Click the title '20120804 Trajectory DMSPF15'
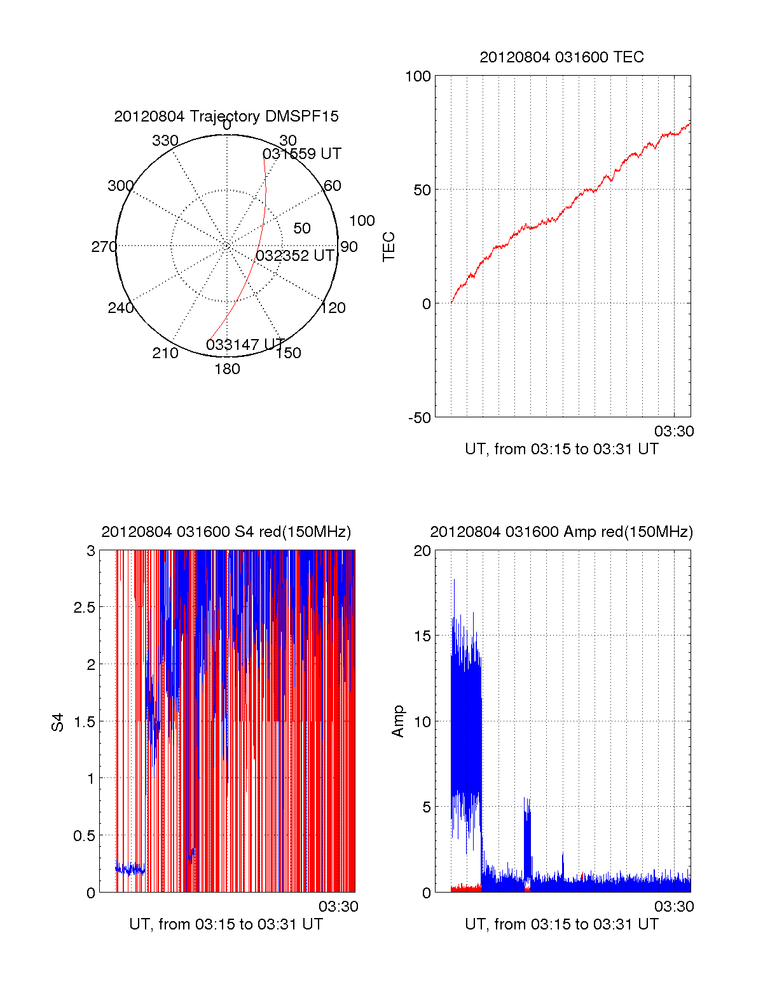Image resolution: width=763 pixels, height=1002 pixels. pos(226,116)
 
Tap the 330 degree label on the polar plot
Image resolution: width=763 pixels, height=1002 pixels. pos(165,141)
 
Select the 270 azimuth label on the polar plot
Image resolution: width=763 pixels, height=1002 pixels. pos(104,247)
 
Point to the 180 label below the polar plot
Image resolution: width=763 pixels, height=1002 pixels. pos(227,369)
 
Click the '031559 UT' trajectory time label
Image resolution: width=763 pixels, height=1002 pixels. pos(301,154)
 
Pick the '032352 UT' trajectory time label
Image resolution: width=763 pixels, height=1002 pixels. pos(294,256)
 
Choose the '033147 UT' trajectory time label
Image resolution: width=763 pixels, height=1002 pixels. pos(245,345)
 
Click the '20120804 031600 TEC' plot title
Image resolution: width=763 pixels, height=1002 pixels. pos(561,57)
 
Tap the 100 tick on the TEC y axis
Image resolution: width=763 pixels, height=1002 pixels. pos(418,76)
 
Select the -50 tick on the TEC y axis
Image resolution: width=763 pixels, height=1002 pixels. pos(419,418)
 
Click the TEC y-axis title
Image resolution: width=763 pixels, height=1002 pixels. pos(388,247)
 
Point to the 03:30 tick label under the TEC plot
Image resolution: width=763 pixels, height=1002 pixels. pos(674,431)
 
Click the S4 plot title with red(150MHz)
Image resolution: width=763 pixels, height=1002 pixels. pos(226,532)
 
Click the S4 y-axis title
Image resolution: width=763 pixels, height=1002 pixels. pos(58,722)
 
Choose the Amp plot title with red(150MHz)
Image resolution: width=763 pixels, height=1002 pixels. pos(561,532)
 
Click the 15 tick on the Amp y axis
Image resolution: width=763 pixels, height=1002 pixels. pos(422,636)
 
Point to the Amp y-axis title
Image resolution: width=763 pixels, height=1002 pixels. pos(398,721)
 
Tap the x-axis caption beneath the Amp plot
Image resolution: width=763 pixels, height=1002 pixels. pos(561,924)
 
